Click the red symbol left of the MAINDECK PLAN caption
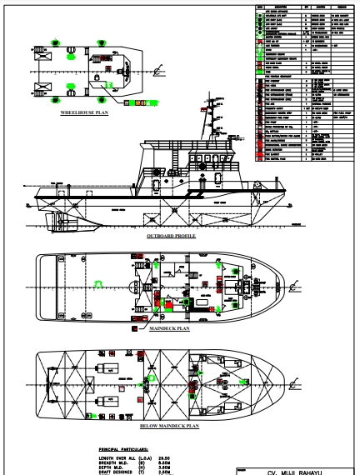point(135,329)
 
